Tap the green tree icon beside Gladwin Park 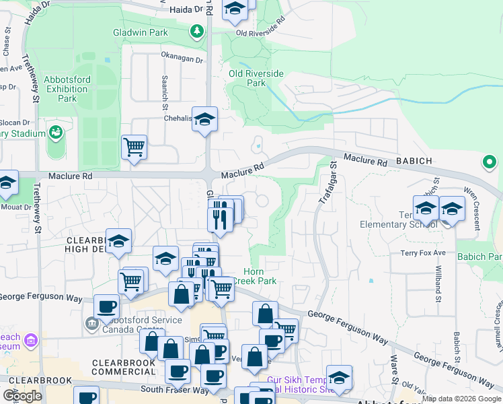196,31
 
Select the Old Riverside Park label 247,78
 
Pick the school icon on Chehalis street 204,120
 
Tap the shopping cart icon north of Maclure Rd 134,146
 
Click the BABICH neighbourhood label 410,162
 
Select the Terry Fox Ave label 424,252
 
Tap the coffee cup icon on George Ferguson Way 106,306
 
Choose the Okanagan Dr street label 181,59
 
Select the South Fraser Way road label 174,389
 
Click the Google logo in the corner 22,396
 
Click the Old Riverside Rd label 260,32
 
